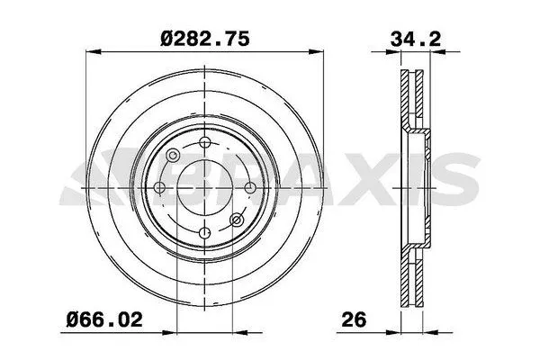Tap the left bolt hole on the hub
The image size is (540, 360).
coord(159,187)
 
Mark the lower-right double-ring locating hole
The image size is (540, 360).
coord(238,219)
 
